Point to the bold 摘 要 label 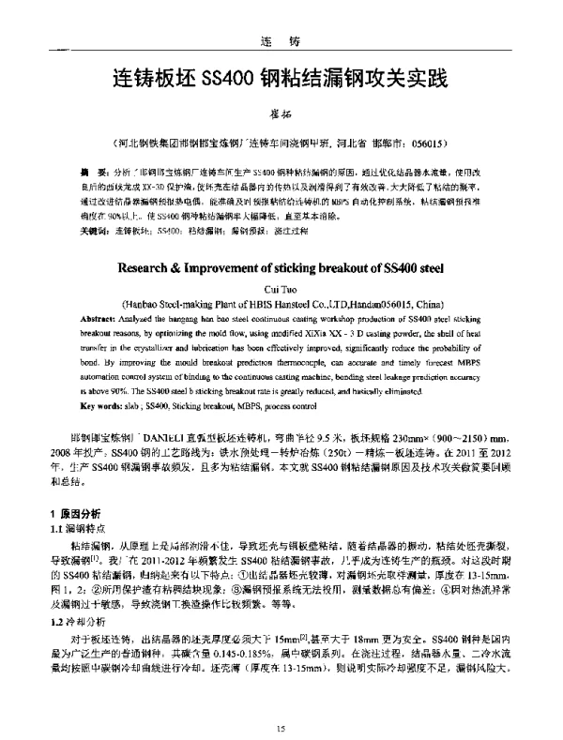coord(92,174)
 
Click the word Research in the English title coord(153,265)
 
